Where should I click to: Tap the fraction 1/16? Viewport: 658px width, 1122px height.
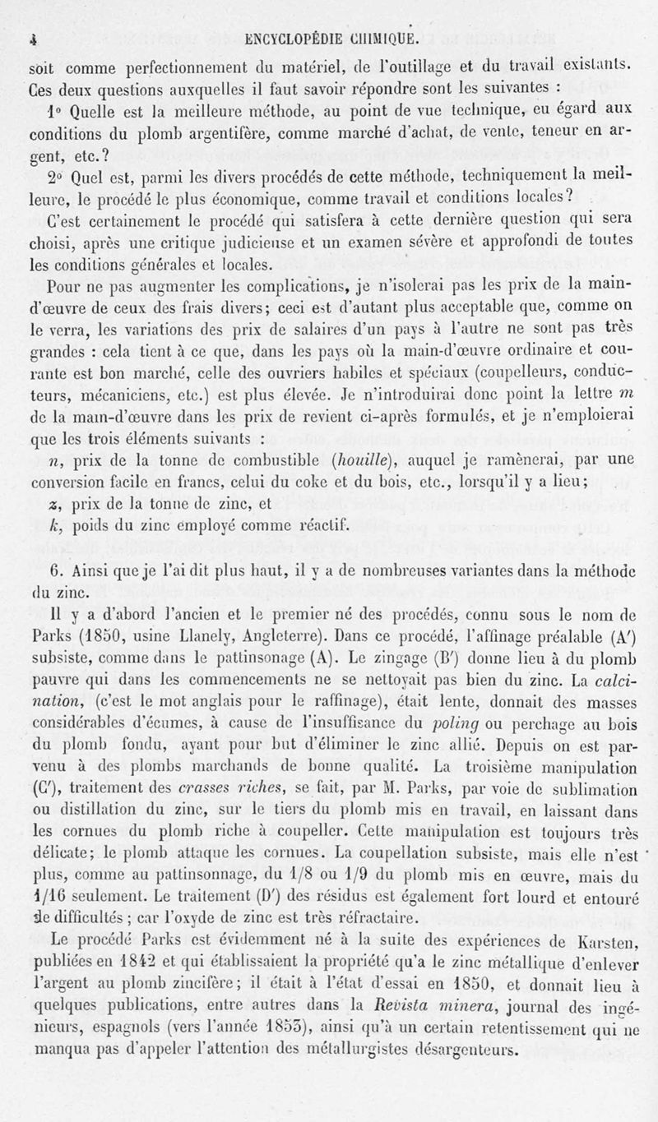click(49, 888)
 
